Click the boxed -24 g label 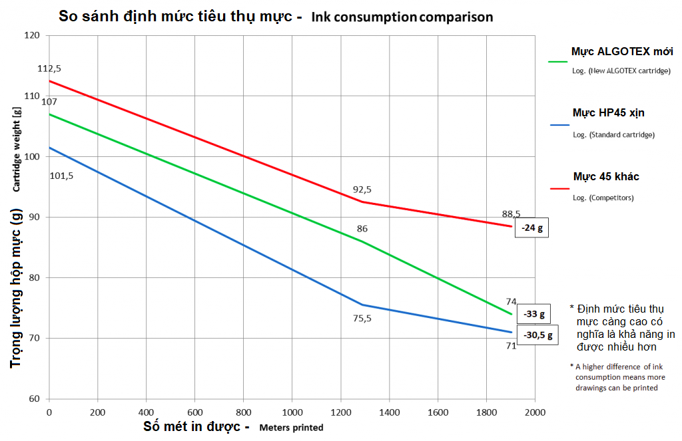pyautogui.click(x=532, y=227)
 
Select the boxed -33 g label pyautogui.click(x=534, y=314)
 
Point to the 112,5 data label pyautogui.click(x=49, y=69)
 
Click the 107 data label pyautogui.click(x=49, y=102)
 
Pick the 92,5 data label pyautogui.click(x=362, y=190)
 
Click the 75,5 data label pyautogui.click(x=362, y=319)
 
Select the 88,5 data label pyautogui.click(x=511, y=214)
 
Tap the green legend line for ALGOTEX pyautogui.click(x=557, y=62)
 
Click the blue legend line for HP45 pyautogui.click(x=557, y=124)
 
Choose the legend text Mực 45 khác pyautogui.click(x=606, y=177)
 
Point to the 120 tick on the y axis pyautogui.click(x=32, y=35)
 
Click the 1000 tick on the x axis pyautogui.click(x=292, y=413)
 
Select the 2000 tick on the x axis pyautogui.click(x=535, y=413)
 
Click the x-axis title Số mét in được pyautogui.click(x=196, y=426)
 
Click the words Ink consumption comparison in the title pyautogui.click(x=404, y=17)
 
